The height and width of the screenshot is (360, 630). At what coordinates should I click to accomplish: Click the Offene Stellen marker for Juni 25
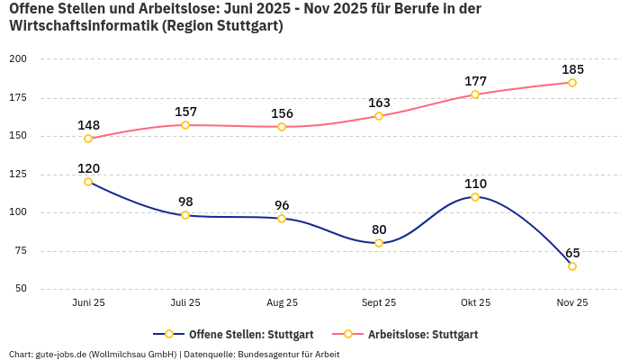coord(88,182)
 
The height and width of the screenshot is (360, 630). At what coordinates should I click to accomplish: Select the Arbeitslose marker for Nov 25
coord(572,83)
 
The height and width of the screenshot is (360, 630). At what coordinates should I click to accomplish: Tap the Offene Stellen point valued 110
coord(475,197)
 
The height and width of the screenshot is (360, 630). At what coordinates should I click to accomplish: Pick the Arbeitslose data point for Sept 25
coord(379,116)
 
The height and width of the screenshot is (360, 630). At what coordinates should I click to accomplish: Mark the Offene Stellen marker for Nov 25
coord(572,266)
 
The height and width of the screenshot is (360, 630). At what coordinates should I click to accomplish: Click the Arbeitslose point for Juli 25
coord(185,125)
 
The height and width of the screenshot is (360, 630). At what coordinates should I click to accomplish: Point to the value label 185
coord(572,69)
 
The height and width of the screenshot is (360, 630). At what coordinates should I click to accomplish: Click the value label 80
coord(379,229)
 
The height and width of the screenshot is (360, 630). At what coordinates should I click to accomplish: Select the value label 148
coord(88,125)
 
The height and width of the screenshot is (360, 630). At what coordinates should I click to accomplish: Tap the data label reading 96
coord(282,204)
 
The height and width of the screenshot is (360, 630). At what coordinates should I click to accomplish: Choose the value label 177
coord(475,81)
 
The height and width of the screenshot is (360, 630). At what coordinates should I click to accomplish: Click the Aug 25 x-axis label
coord(282,302)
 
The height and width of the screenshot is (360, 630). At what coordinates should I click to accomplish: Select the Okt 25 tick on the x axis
coord(475,302)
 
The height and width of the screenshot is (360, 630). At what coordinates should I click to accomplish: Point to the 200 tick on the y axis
coord(18,58)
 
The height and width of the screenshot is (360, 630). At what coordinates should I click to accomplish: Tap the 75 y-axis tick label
coord(20,251)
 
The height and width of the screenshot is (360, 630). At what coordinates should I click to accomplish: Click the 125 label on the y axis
coord(18,175)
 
